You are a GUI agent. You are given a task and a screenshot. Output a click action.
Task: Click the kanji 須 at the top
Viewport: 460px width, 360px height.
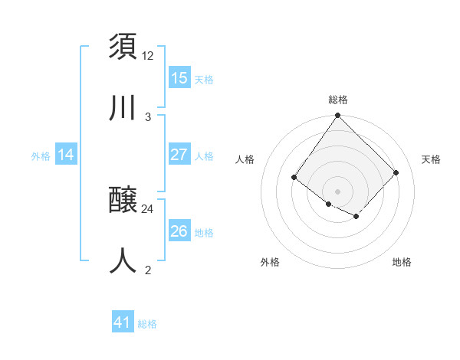123,47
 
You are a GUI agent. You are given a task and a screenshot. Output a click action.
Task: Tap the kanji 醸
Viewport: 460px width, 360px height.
123,201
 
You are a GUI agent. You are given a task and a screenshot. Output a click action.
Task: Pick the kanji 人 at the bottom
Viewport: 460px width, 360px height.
123,260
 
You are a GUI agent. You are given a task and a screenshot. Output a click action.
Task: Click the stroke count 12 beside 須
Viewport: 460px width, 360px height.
148,55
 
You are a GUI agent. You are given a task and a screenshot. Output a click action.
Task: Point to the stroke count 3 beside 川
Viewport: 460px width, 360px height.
148,116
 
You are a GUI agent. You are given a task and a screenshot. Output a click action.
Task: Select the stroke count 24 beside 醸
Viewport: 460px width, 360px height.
148,208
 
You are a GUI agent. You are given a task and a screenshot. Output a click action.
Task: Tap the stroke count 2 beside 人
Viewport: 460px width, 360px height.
148,270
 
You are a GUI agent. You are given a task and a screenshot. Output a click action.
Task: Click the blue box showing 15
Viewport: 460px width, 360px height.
179,78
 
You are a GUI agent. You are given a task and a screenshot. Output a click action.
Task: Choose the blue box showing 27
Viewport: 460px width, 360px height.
179,155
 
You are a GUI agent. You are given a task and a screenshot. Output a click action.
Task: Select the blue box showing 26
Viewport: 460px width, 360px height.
179,231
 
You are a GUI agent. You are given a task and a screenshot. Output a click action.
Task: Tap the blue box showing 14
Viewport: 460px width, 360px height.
66,155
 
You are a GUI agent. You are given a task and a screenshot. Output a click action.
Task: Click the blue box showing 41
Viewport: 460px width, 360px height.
123,322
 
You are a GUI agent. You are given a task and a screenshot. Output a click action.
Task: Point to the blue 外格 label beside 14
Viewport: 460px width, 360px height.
41,156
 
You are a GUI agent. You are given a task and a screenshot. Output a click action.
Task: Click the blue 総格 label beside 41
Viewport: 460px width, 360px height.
147,324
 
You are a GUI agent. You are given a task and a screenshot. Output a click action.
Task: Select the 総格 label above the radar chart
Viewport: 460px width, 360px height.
337,100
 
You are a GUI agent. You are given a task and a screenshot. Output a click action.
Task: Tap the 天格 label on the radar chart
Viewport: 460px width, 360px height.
431,159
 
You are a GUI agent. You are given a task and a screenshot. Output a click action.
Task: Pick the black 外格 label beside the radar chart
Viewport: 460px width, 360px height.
270,262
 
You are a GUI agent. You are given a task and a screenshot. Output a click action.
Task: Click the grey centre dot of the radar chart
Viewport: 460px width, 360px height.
337,191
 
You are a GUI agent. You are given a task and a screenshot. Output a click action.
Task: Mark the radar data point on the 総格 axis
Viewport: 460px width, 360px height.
337,116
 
